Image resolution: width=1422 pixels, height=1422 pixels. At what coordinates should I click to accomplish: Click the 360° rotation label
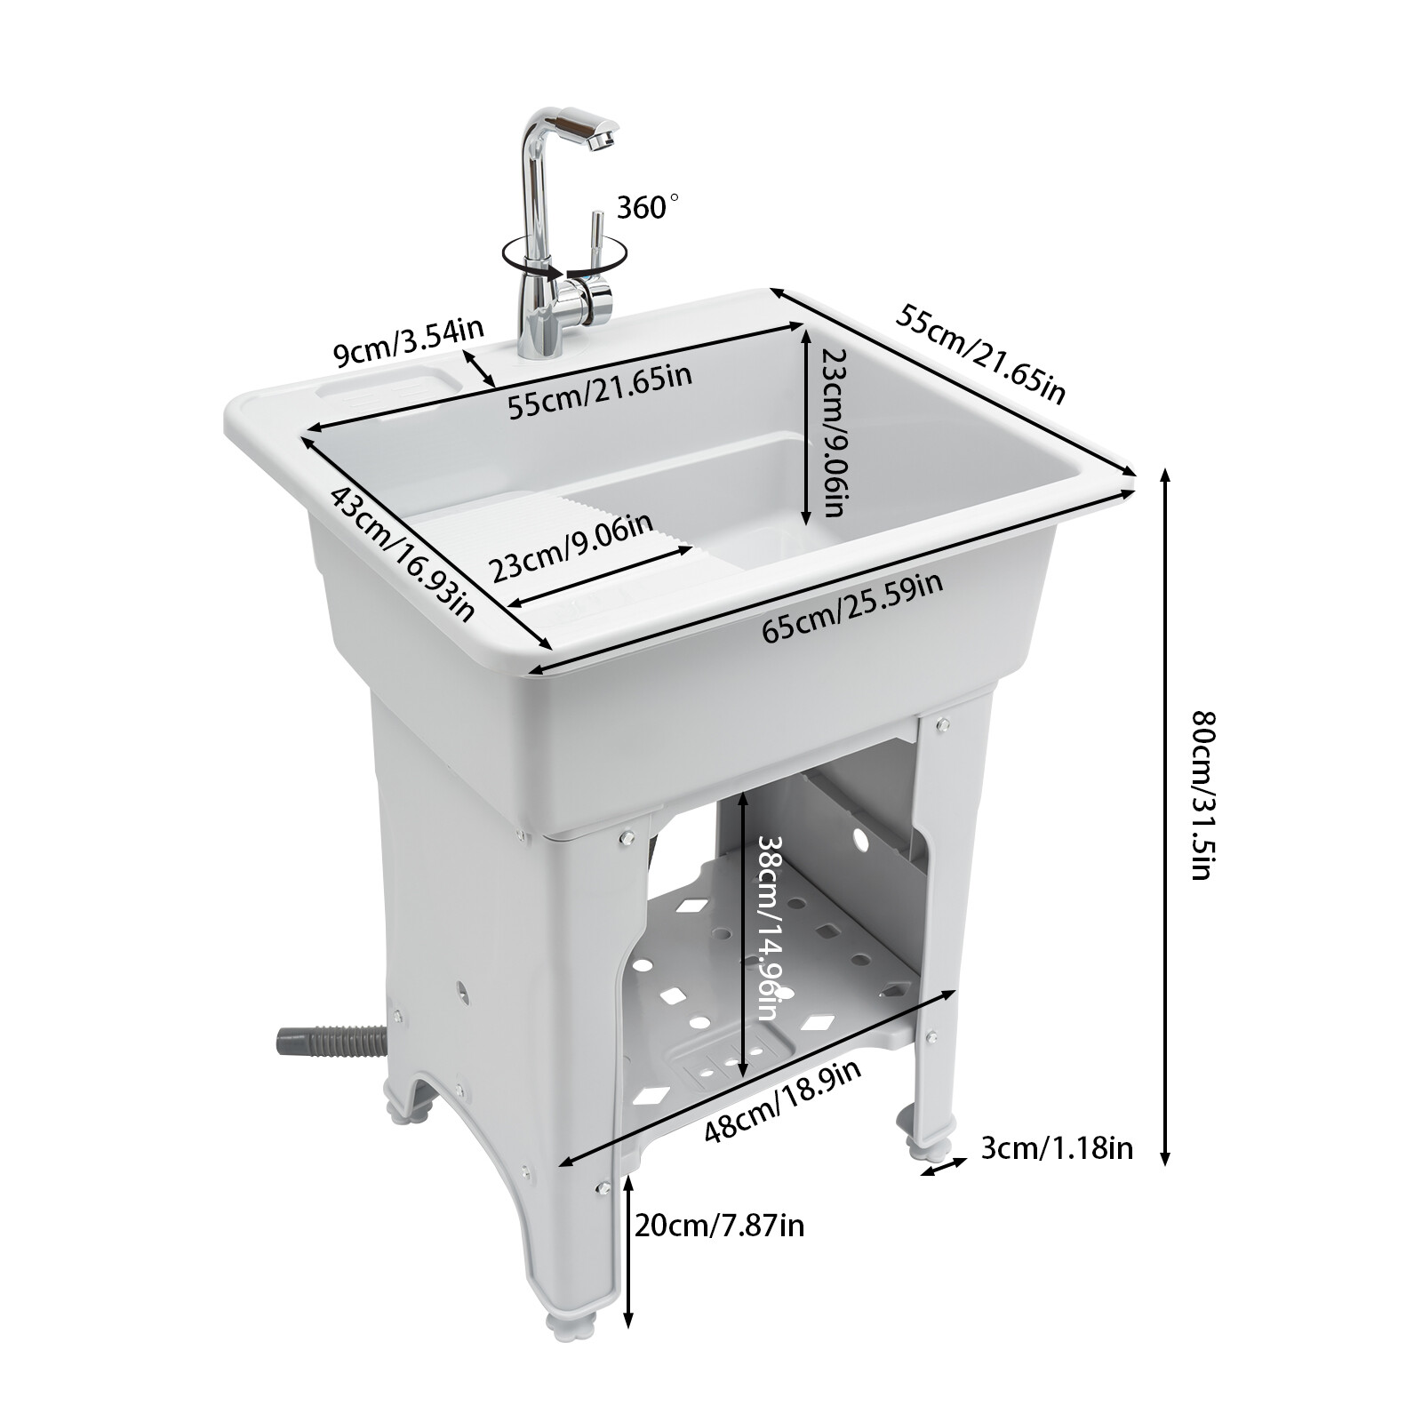(x=646, y=207)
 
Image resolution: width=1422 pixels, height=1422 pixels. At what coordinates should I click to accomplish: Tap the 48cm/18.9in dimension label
(x=782, y=1102)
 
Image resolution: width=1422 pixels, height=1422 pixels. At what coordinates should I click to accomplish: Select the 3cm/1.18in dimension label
(x=1057, y=1148)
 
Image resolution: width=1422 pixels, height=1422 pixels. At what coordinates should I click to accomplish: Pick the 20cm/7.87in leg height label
(x=719, y=1226)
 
